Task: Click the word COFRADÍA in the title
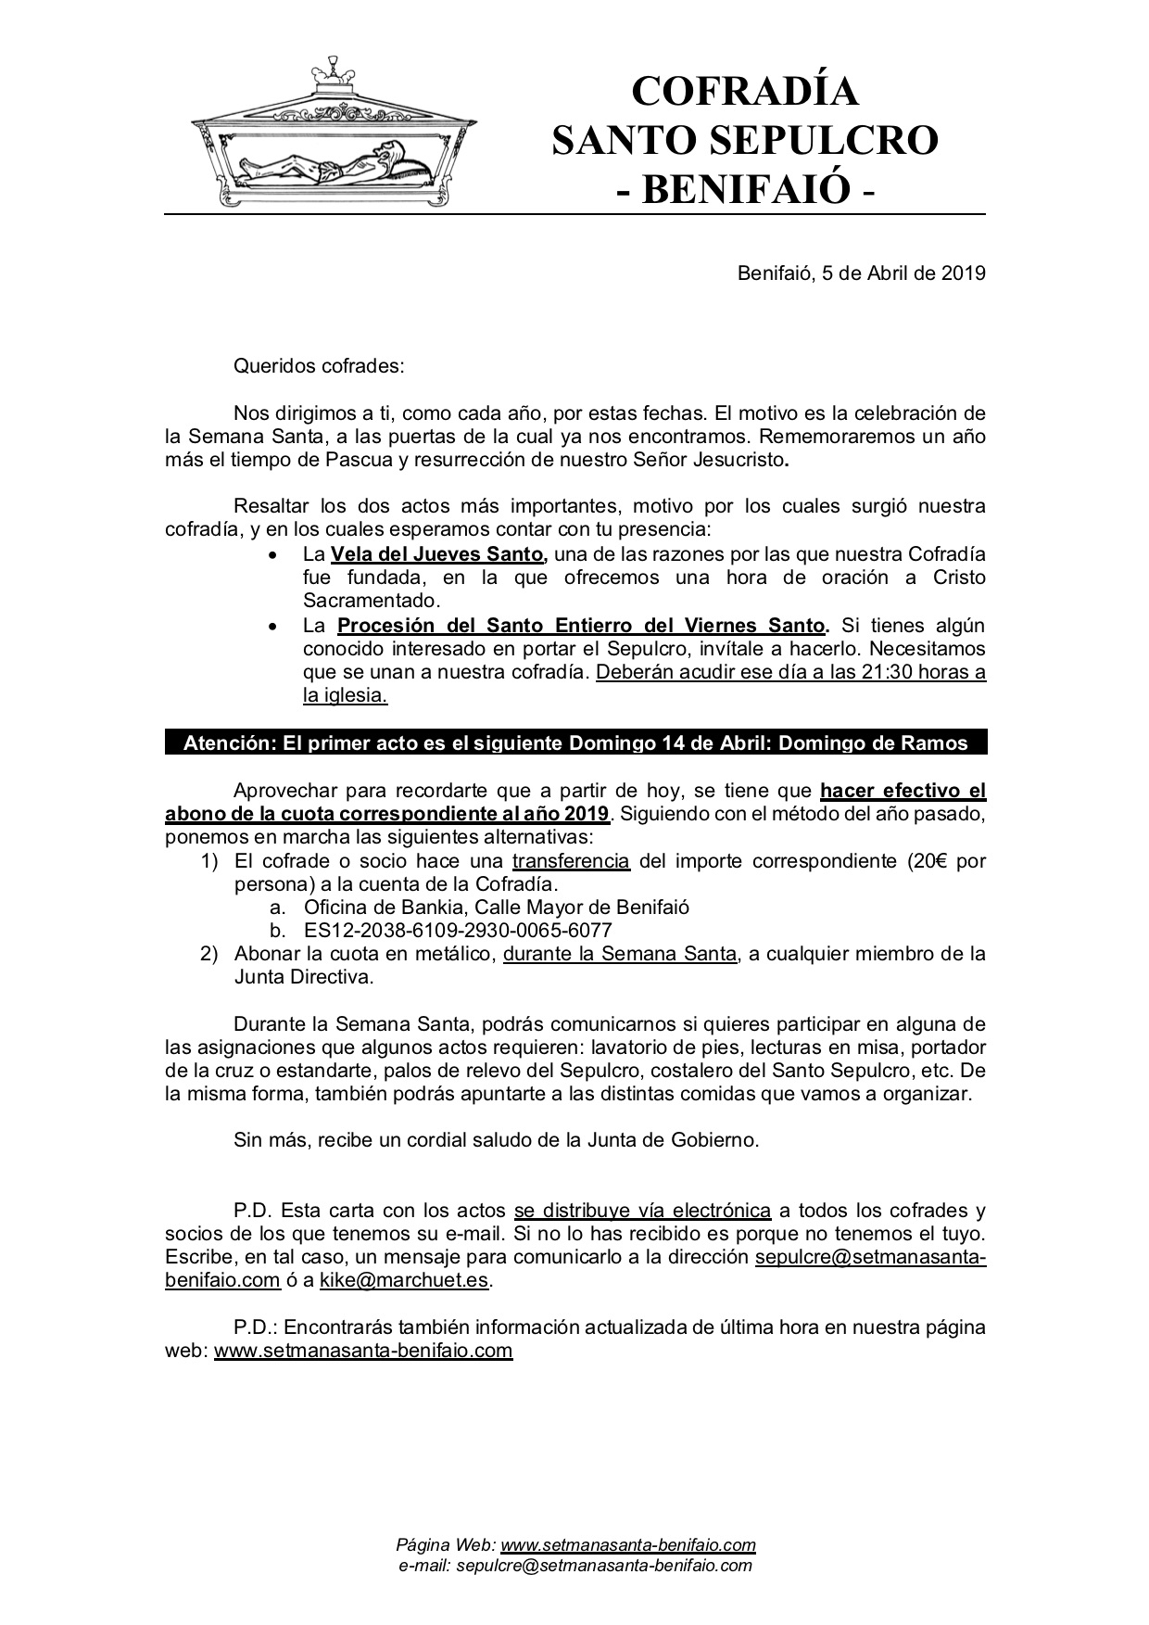tap(744, 92)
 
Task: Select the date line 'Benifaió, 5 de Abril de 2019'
tap(861, 273)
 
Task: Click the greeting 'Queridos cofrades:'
tap(320, 365)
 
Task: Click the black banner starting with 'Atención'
tap(575, 743)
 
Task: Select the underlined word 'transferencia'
tap(571, 860)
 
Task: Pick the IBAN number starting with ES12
tap(458, 930)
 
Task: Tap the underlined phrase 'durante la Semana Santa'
tap(620, 953)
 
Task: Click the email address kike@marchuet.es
tap(405, 1280)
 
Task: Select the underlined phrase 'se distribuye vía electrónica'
tap(642, 1210)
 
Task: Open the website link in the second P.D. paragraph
tap(363, 1350)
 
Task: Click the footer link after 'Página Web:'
tap(628, 1545)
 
